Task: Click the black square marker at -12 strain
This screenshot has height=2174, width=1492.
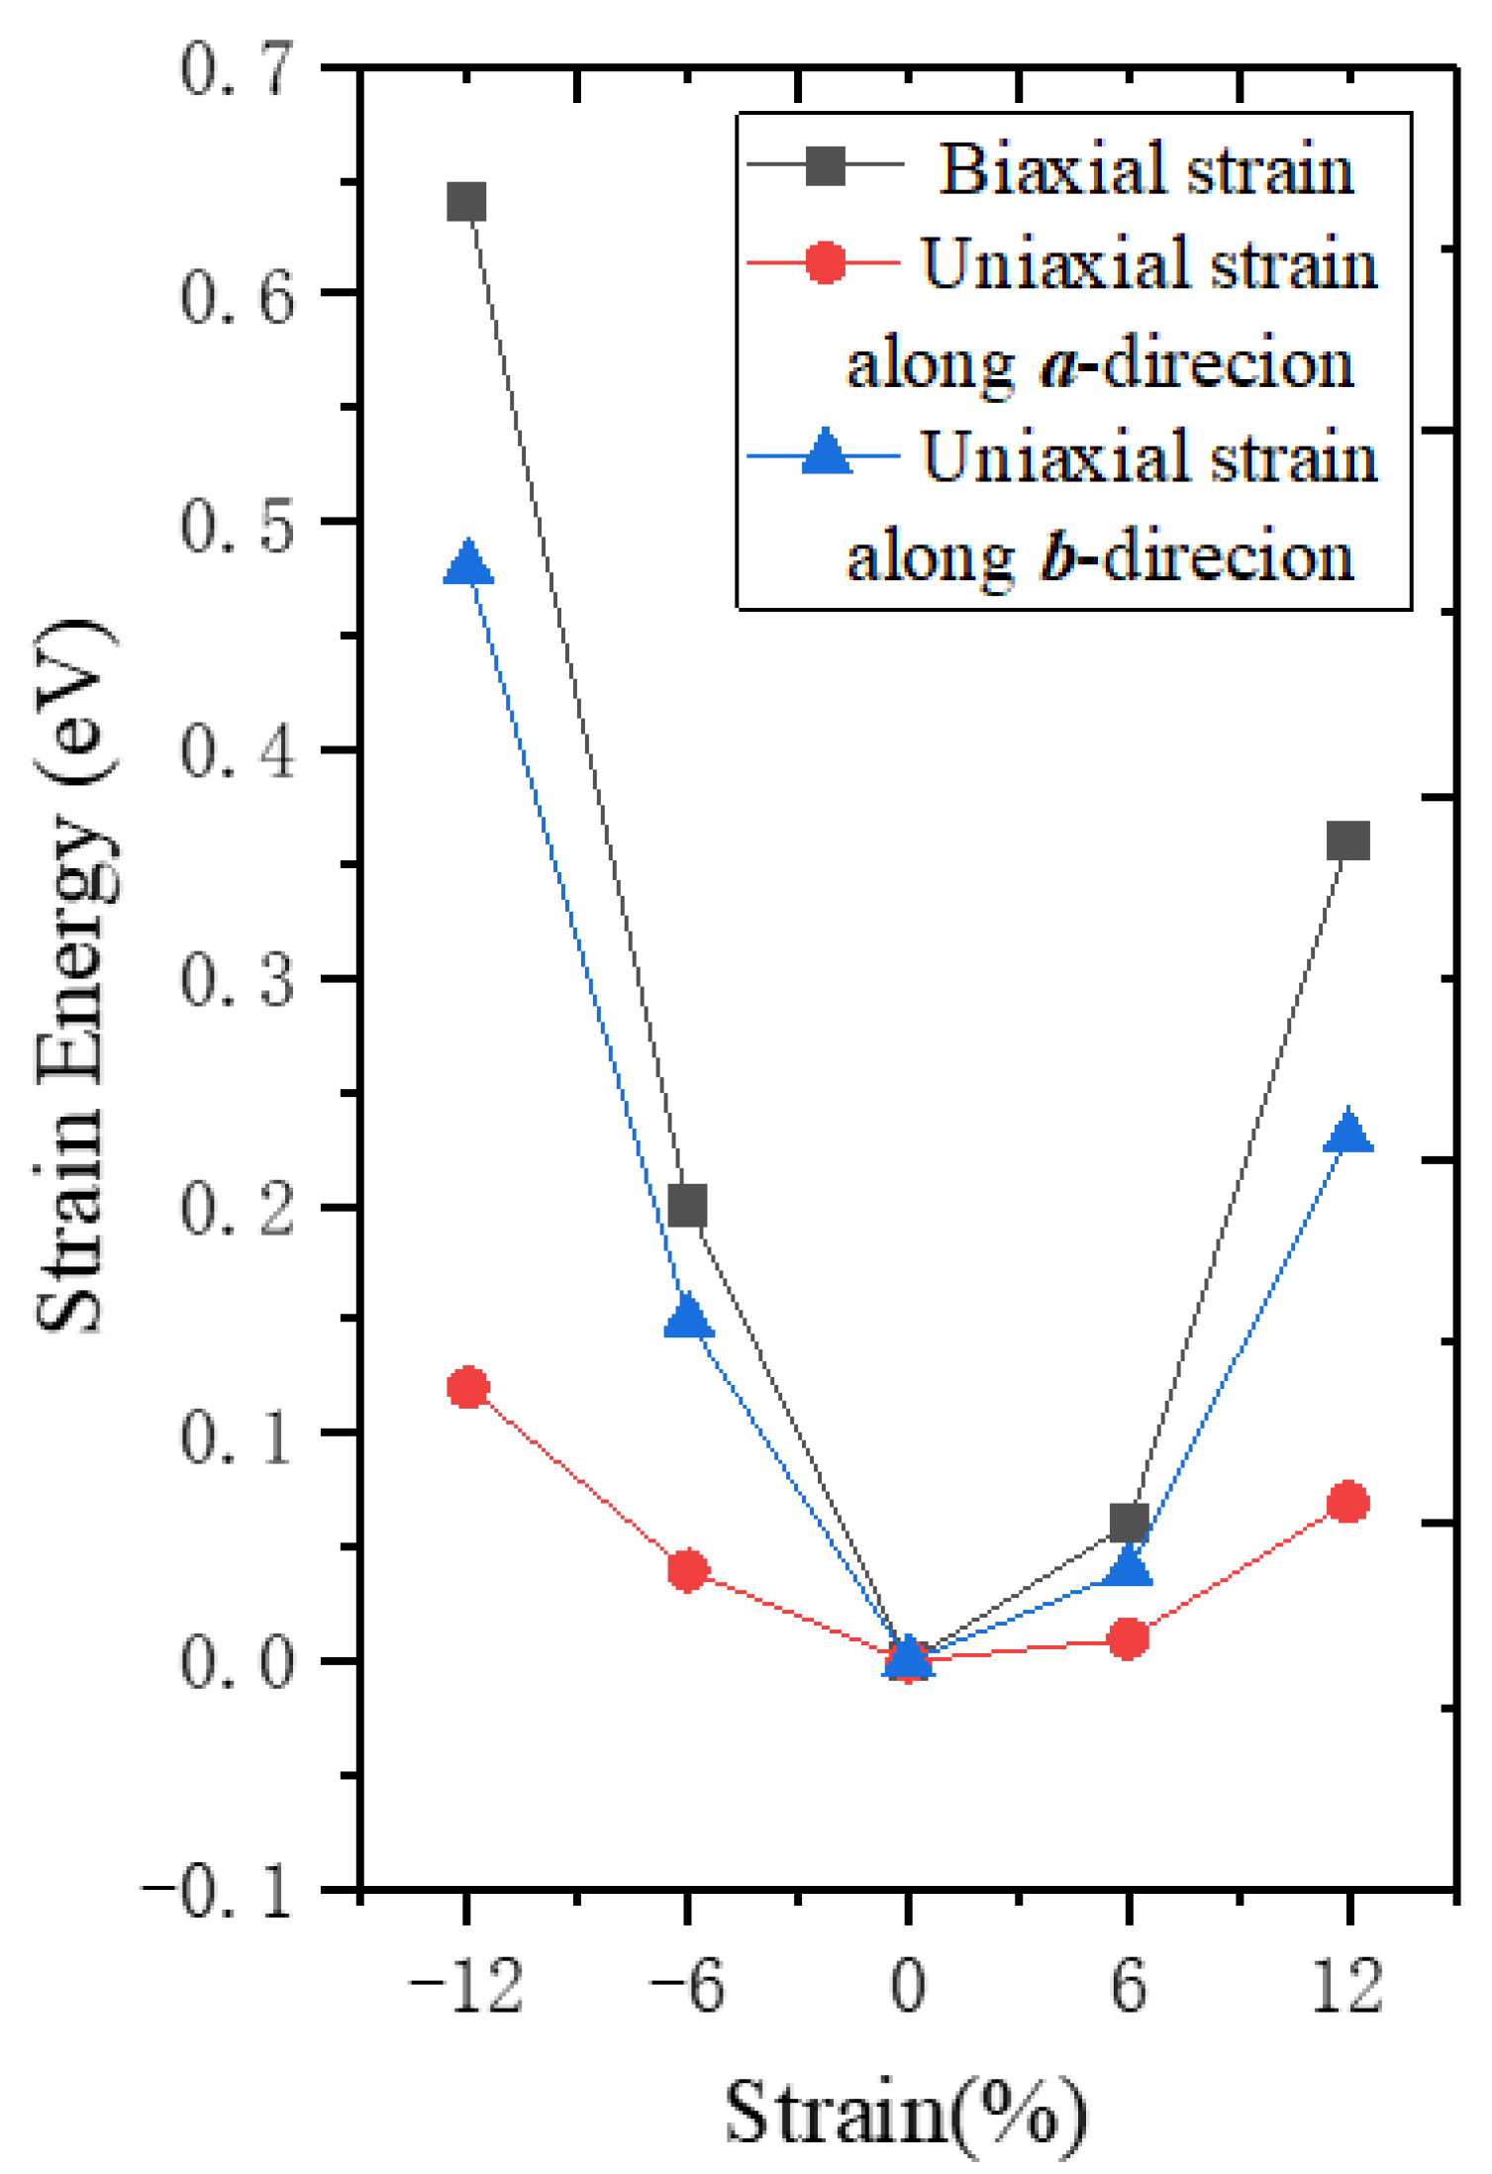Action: click(466, 202)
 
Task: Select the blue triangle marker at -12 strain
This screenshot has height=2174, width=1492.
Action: click(468, 564)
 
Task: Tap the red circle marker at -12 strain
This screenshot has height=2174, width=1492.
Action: click(468, 1387)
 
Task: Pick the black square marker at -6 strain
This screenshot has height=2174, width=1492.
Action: click(688, 1206)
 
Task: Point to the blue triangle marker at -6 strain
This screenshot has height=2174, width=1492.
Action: click(688, 1319)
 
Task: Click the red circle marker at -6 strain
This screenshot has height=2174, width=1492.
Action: click(688, 1571)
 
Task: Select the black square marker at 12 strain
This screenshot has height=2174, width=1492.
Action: click(1348, 840)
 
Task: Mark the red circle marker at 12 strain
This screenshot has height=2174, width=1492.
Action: click(1348, 1503)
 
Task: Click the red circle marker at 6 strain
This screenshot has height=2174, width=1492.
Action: click(1129, 1638)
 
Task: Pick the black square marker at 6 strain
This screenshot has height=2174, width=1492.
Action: click(1129, 1522)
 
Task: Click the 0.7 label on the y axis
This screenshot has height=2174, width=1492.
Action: click(238, 69)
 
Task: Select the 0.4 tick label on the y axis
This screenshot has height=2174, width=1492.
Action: click(238, 750)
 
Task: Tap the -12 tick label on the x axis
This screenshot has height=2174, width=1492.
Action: click(465, 1987)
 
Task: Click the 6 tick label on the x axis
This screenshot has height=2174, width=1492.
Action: click(1129, 1987)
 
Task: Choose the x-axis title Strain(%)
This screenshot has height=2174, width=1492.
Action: click(906, 2114)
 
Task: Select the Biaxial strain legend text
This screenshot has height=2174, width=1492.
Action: click(1146, 168)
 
